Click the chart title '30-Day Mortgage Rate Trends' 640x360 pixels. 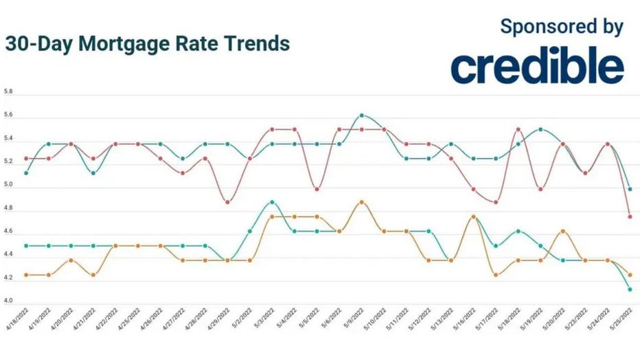point(147,44)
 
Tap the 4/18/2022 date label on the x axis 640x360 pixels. point(16,320)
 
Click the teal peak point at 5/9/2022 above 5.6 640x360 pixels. point(362,115)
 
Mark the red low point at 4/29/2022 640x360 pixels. point(228,202)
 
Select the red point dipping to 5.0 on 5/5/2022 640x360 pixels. point(317,189)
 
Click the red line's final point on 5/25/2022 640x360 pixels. point(630,216)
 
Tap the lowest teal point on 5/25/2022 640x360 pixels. point(630,289)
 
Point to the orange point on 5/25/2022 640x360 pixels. point(630,275)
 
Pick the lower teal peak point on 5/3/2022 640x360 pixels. point(273,202)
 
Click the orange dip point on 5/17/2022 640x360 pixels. point(496,275)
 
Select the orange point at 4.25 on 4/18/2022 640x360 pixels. point(26,275)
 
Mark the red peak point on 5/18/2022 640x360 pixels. point(518,129)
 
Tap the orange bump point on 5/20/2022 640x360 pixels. point(562,231)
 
